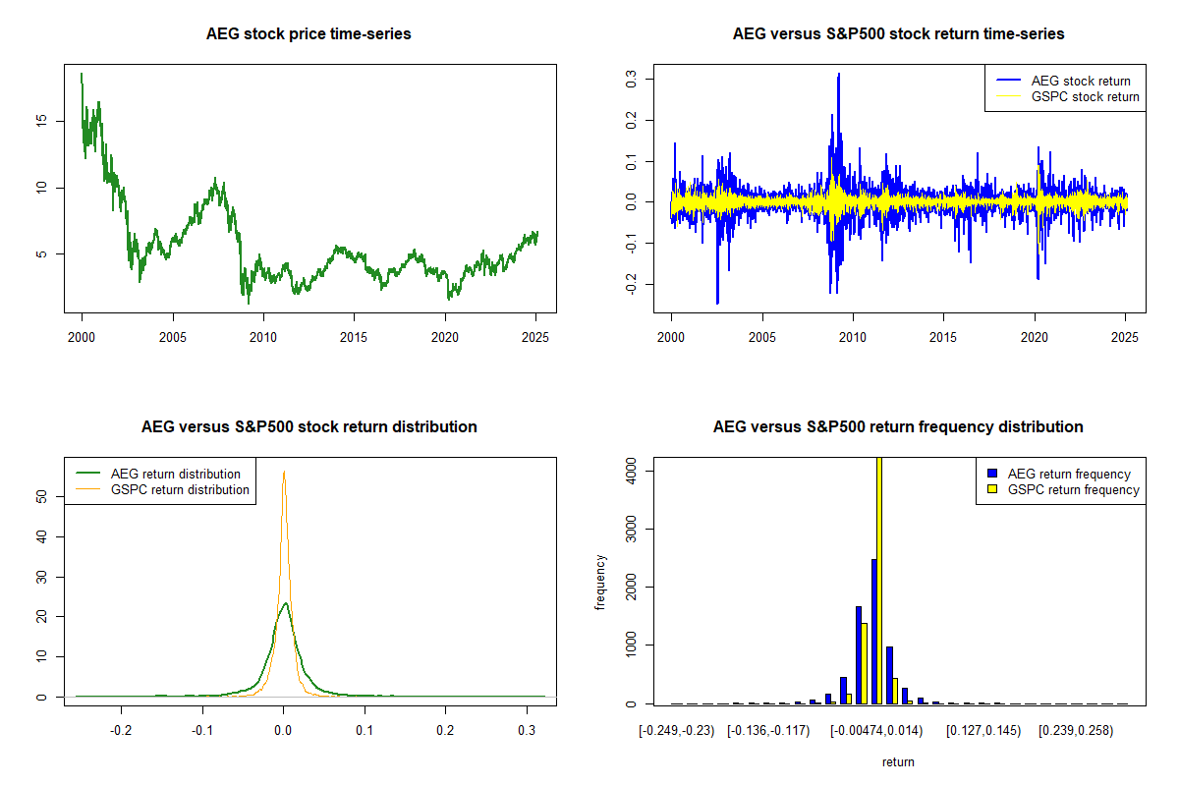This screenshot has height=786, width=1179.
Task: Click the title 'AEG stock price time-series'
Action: point(309,33)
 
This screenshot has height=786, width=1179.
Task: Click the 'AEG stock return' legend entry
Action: point(1081,81)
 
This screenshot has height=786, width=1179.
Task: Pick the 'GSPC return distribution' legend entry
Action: point(180,489)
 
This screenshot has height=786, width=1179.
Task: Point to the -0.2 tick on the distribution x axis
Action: point(121,730)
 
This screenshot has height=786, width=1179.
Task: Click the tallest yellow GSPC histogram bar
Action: point(878,580)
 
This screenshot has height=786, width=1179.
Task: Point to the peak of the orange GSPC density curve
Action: point(284,472)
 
